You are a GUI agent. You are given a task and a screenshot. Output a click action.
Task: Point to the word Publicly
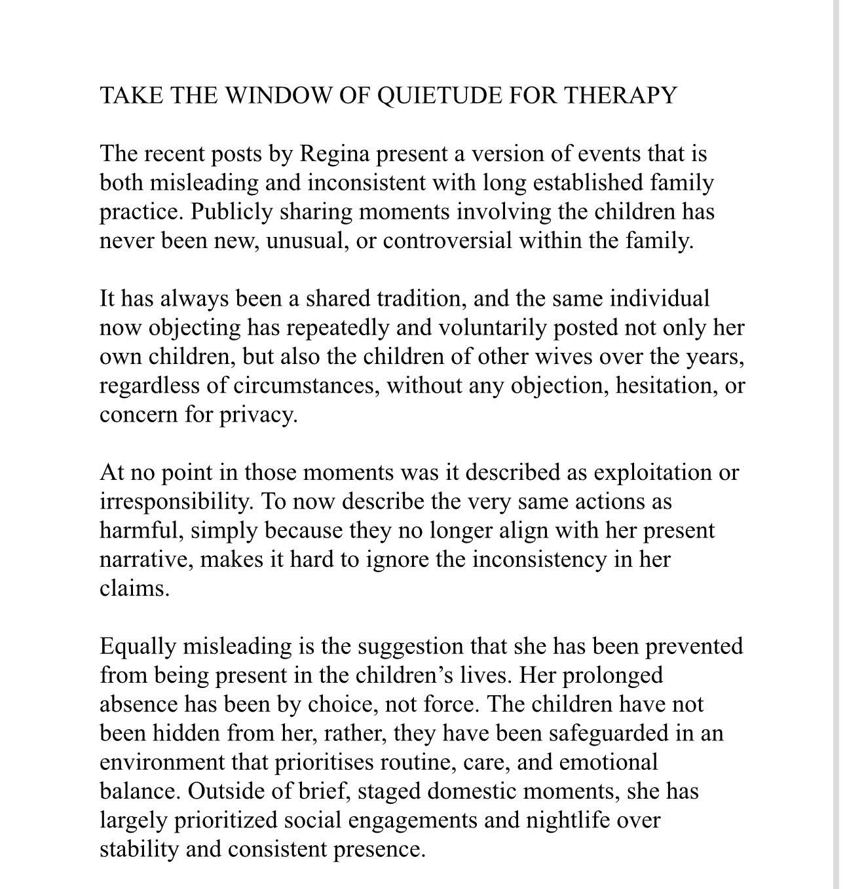pyautogui.click(x=226, y=212)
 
